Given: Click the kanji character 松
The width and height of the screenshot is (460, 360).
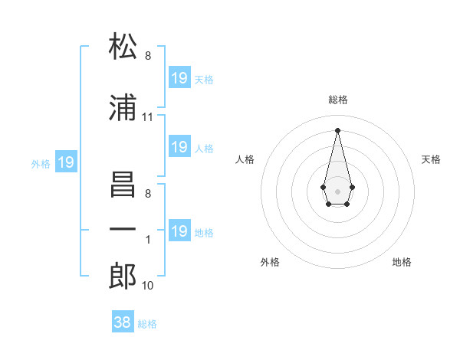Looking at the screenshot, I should (123, 48).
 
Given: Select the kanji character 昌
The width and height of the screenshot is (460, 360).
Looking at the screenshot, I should (123, 185).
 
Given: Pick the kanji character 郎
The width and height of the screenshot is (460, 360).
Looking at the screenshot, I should (123, 276).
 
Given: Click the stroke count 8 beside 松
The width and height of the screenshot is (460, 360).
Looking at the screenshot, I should (147, 56).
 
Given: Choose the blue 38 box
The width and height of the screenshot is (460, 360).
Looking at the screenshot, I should (123, 322).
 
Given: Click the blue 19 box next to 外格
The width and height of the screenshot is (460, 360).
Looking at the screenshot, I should (65, 162).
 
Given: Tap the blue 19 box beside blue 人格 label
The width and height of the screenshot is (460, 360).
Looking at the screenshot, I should (179, 147).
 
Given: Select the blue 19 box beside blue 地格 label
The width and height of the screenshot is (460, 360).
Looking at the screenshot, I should (179, 231).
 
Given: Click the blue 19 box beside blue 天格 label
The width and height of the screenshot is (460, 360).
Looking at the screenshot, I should (179, 78).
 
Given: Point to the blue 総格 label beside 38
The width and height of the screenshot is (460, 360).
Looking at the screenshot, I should (147, 324).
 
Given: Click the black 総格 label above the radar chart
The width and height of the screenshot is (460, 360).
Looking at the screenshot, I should (337, 100).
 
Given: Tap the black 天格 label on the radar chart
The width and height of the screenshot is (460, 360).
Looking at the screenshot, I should (431, 159).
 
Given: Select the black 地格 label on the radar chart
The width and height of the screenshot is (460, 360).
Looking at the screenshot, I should (402, 262).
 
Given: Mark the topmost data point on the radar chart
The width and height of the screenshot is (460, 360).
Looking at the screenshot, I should (337, 129).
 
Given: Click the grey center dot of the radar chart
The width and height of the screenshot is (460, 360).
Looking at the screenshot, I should (337, 190).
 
